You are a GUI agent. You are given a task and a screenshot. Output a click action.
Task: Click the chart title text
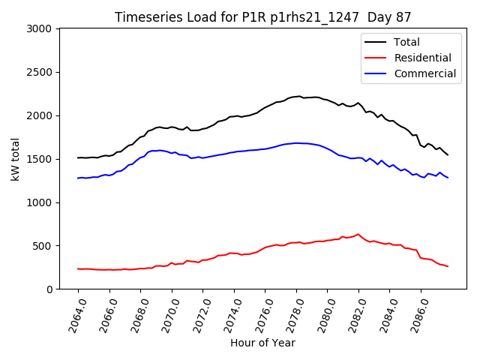pos(263,17)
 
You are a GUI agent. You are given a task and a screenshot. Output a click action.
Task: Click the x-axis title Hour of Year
pos(262,343)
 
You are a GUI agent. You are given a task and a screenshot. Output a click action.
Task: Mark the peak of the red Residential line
pos(358,234)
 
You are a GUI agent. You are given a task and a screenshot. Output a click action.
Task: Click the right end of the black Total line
pos(448,155)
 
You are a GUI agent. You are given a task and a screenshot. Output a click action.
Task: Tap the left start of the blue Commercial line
pos(78,178)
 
